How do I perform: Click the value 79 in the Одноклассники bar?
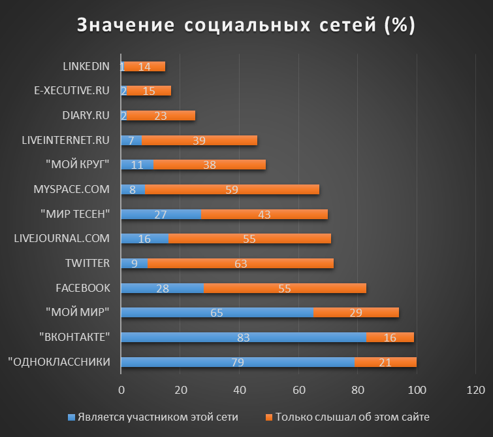(238, 362)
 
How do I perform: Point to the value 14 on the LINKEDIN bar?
(144, 66)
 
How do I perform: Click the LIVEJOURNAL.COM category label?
(62, 238)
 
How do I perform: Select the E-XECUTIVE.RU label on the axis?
(72, 90)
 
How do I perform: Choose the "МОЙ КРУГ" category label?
(78, 164)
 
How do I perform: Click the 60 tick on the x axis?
(298, 391)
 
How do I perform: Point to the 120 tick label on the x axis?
(475, 391)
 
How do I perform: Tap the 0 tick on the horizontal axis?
(121, 391)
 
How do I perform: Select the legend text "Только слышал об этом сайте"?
(352, 417)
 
